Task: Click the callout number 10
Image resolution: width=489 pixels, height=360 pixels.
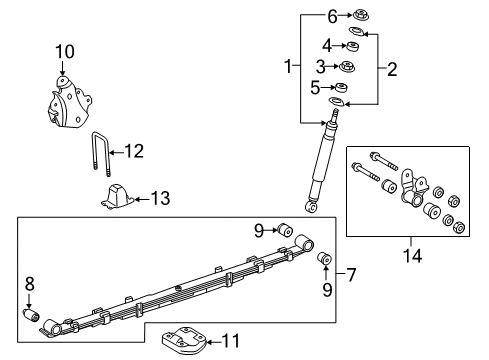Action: (x=64, y=51)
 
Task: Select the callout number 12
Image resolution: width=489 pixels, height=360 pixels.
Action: (x=134, y=151)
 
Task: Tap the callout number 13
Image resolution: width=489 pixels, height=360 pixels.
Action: (x=159, y=199)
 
